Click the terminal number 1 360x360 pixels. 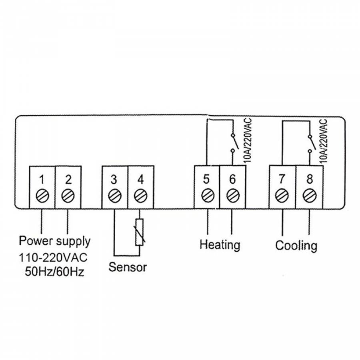[42, 179]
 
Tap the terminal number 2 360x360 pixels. [68, 179]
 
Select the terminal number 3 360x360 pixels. [114, 179]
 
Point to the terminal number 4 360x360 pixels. [140, 179]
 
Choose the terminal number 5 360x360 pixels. [206, 178]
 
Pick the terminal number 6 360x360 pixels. [232, 178]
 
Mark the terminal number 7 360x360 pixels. [282, 178]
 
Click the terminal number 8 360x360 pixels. [309, 178]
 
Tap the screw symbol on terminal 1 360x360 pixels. [42, 196]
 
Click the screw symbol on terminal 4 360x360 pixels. [140, 196]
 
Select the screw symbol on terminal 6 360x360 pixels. [232, 196]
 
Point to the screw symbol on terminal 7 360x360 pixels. [282, 196]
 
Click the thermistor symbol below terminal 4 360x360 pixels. [140, 232]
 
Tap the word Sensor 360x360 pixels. [128, 267]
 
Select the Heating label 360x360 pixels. [220, 244]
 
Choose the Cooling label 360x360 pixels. [296, 245]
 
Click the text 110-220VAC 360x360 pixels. [53, 257]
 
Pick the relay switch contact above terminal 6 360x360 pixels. [233, 143]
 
